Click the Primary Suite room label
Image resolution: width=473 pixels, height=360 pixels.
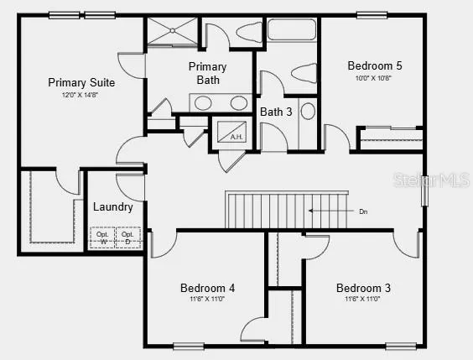[x=81, y=82]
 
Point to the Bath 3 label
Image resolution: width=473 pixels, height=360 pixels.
[x=277, y=112]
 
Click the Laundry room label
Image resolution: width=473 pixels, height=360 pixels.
[x=113, y=206]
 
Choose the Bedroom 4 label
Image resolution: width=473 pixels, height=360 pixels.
[x=207, y=288]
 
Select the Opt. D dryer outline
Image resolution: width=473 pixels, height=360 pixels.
[x=127, y=237]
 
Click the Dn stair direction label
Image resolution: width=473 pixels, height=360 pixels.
[x=363, y=211]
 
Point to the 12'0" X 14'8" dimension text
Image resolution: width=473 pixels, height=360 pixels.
[x=81, y=96]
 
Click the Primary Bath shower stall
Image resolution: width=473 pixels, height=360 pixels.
[x=173, y=33]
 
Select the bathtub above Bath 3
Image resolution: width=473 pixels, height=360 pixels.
[x=287, y=34]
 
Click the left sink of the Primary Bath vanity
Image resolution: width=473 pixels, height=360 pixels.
[x=203, y=103]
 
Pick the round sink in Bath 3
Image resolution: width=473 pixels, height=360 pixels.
[x=308, y=110]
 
